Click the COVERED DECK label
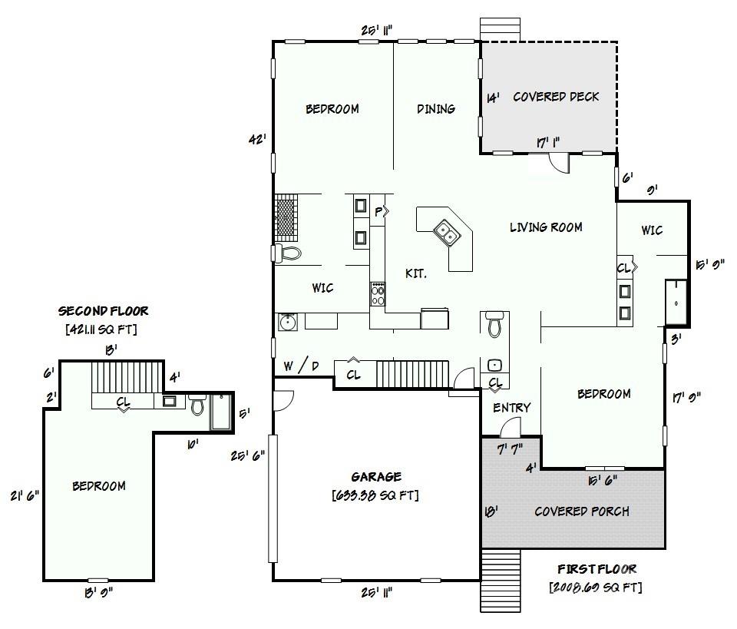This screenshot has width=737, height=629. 556,97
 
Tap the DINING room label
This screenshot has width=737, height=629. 436,109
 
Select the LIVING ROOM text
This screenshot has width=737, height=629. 546,227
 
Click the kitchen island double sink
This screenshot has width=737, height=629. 445,232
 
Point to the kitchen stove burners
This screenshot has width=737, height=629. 378,294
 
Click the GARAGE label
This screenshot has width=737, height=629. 376,477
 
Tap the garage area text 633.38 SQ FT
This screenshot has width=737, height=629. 375,495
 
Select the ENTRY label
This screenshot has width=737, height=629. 512,408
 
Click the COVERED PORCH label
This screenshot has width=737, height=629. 582,511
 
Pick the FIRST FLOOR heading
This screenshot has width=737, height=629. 597,569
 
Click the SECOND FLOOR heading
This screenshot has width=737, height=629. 103,311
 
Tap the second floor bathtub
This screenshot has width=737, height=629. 221,412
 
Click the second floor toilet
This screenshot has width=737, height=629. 197,404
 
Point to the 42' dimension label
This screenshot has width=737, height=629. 258,139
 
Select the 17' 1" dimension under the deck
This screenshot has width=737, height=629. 548,142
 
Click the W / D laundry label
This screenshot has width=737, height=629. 301,366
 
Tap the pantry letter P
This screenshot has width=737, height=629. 378,213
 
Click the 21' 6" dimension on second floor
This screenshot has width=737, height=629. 25,495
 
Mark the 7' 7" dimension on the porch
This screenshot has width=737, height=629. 510,450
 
